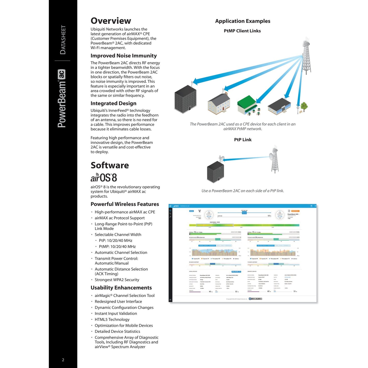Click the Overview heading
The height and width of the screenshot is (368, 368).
[x=111, y=21]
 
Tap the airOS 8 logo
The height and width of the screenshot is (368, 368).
[x=104, y=177]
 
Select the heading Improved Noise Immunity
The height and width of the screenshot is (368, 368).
[x=124, y=56]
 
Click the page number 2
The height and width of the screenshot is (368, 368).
[x=63, y=360]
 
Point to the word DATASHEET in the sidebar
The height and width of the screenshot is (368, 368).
[x=63, y=40]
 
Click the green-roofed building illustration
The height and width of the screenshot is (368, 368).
[x=247, y=105]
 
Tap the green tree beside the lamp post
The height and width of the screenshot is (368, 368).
[x=304, y=106]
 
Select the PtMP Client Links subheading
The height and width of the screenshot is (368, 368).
[x=242, y=31]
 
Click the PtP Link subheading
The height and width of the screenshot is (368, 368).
[x=243, y=140]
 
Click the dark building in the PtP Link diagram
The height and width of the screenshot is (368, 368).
[x=215, y=172]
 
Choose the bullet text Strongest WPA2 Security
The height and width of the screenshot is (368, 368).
[x=117, y=280]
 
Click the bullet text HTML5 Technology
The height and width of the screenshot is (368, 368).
[x=112, y=319]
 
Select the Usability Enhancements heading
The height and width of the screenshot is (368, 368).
[x=121, y=288]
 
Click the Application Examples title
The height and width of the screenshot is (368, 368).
[x=243, y=21]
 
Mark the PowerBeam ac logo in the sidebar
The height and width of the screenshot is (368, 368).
[x=62, y=98]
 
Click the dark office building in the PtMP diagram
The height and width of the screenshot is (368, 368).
[x=185, y=99]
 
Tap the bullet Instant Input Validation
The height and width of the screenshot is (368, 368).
[x=116, y=314]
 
